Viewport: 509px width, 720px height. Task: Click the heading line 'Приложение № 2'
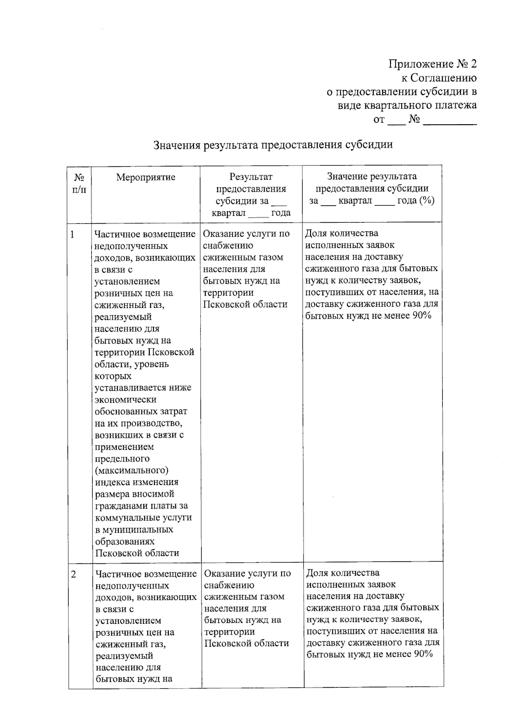click(432, 64)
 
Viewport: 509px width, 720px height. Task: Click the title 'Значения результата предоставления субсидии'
click(273, 145)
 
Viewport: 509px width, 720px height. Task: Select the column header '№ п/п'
click(79, 183)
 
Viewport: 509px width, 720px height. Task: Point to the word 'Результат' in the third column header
click(251, 177)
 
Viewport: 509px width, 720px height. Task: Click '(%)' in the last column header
click(426, 201)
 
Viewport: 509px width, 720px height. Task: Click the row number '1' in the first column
click(73, 234)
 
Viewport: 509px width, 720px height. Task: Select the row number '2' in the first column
click(74, 574)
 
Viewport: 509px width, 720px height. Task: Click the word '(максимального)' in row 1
click(131, 471)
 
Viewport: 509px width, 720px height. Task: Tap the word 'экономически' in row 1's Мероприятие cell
click(126, 400)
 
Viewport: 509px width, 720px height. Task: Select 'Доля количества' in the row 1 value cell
click(341, 233)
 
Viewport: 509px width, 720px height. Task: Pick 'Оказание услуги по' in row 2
click(247, 574)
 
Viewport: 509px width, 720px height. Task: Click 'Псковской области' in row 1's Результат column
click(245, 305)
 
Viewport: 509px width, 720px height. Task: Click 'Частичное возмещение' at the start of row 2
click(146, 574)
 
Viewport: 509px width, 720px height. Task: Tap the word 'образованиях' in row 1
click(124, 541)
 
